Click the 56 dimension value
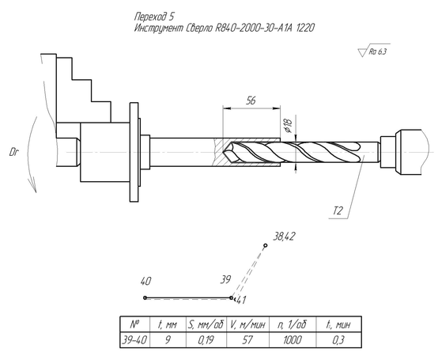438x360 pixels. pyautogui.click(x=251, y=100)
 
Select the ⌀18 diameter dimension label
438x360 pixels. pyautogui.click(x=287, y=125)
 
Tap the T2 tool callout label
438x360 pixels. pyautogui.click(x=338, y=210)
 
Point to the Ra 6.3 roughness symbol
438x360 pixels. pyautogui.click(x=374, y=51)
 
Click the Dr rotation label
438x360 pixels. pyautogui.click(x=13, y=153)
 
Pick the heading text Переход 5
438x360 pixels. pyautogui.click(x=154, y=17)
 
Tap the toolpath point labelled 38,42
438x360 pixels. pyautogui.click(x=266, y=245)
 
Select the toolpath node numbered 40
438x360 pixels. pyautogui.click(x=145, y=297)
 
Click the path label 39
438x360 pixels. pyautogui.click(x=225, y=279)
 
